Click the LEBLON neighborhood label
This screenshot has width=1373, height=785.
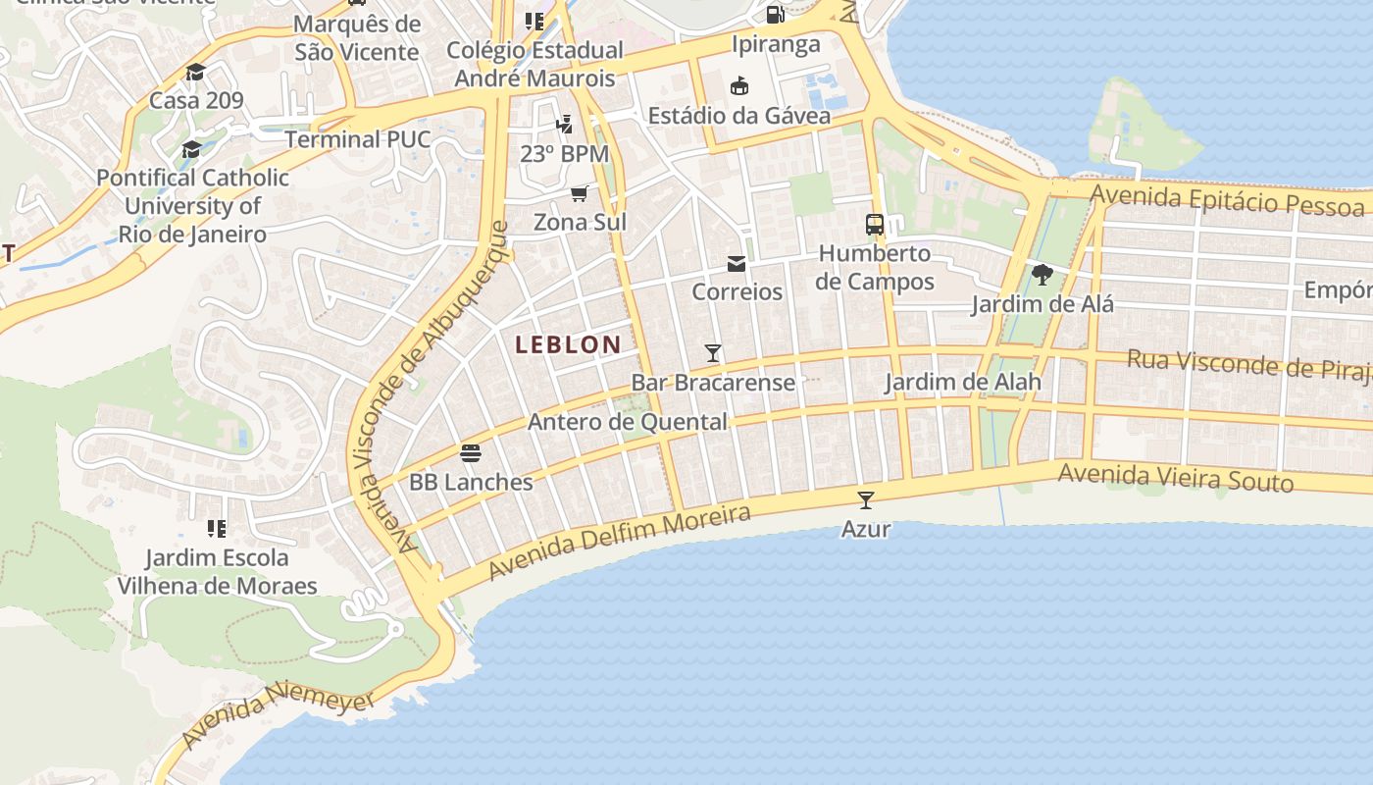coord(568,344)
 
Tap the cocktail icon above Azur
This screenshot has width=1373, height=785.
coord(865,500)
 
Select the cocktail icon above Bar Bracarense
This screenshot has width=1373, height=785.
coord(713,353)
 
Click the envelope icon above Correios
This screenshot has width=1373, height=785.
coord(737,263)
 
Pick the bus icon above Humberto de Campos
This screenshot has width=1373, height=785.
coord(875,224)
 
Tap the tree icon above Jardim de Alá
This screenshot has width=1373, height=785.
coord(1042,275)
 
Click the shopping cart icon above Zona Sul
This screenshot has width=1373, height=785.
coord(580,193)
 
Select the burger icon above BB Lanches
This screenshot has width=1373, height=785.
coord(471,453)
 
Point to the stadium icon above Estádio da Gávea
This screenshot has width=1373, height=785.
coord(739,86)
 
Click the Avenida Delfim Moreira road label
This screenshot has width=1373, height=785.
coord(619,542)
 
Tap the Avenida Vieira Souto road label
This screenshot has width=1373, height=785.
coord(1175,478)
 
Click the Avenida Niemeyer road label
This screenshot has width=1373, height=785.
coord(279,718)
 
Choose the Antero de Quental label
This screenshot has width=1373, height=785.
coord(628,422)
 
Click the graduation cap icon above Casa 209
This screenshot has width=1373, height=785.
coord(196,72)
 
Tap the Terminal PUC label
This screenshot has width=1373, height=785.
coord(358,139)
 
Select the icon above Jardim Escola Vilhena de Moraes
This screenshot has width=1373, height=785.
coord(217,529)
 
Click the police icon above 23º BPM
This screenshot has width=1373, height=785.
coord(564,125)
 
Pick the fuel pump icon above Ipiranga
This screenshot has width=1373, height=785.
coord(775,15)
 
